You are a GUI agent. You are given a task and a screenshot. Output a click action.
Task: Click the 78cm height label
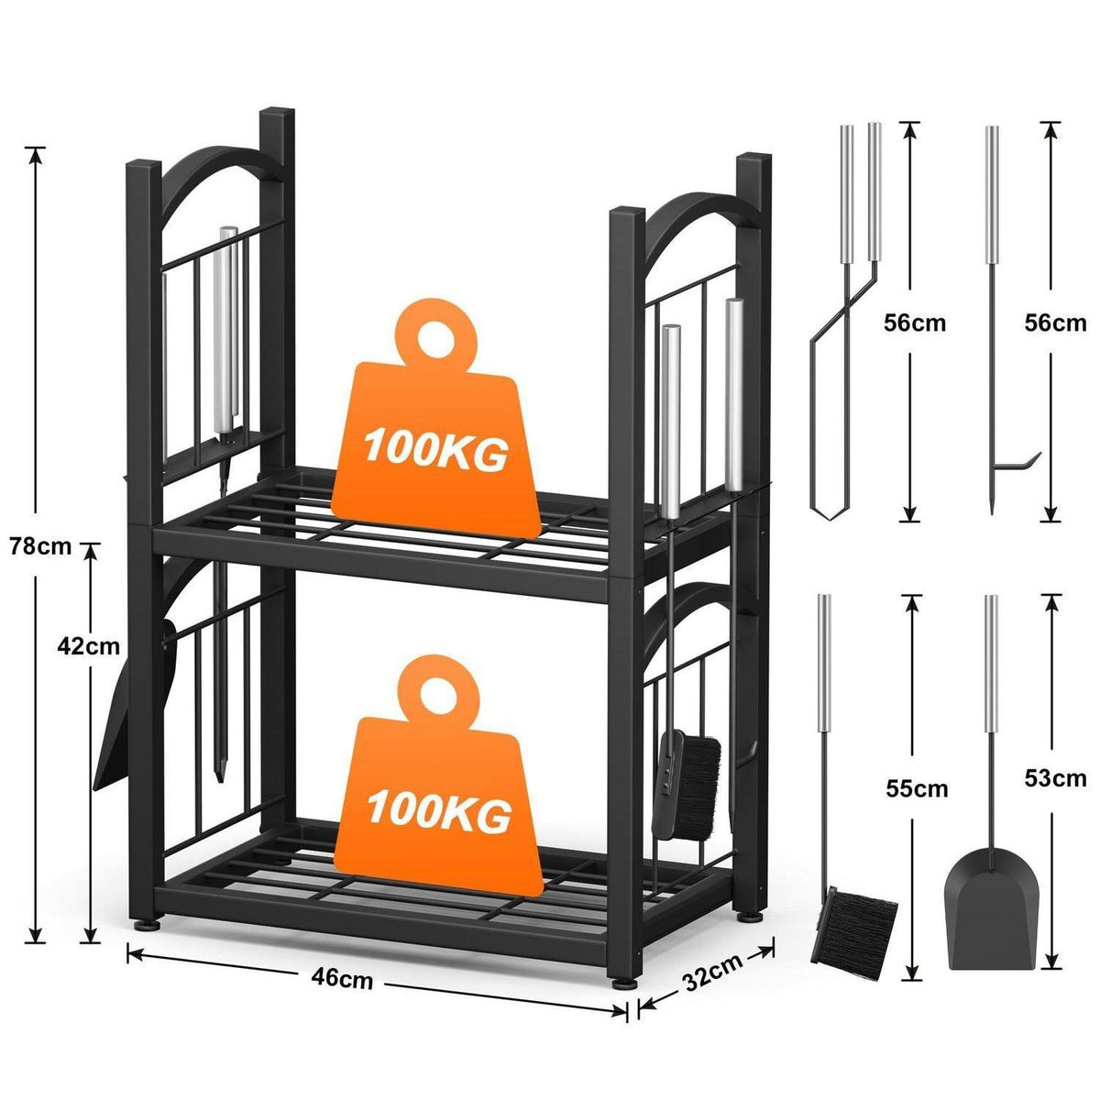(40, 546)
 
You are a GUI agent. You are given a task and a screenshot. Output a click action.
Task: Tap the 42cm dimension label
(89, 646)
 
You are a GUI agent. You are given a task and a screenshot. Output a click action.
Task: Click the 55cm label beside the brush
(917, 789)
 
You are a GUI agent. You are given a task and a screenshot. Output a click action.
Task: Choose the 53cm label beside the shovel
(1055, 778)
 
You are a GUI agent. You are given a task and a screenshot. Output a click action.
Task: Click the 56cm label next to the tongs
(915, 323)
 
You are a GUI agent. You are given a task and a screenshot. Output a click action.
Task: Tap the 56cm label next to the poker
(1055, 323)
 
